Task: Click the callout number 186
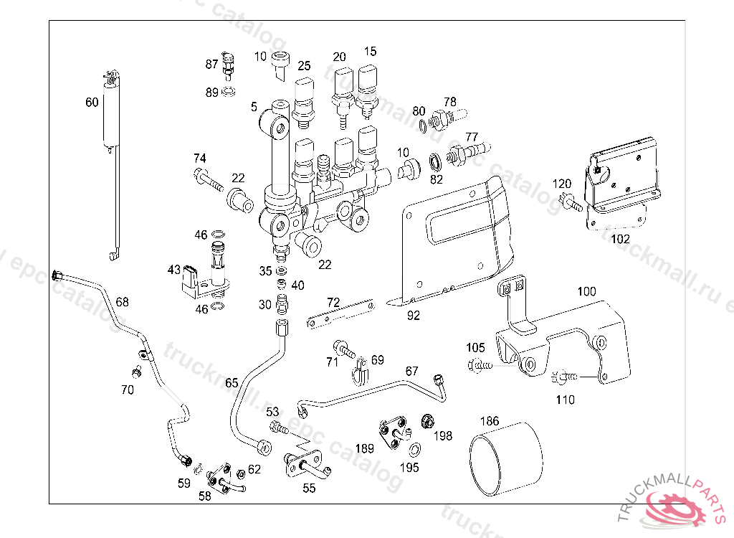click(490, 421)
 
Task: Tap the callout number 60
click(92, 103)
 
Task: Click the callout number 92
click(414, 314)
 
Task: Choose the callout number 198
click(443, 435)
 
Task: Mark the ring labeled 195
click(415, 450)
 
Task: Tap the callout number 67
click(411, 371)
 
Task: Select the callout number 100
click(586, 292)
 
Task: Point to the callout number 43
click(174, 270)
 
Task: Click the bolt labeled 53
click(279, 429)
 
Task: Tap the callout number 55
click(309, 488)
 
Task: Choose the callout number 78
click(449, 101)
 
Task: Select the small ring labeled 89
click(229, 92)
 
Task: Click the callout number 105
click(475, 348)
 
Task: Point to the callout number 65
click(232, 383)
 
